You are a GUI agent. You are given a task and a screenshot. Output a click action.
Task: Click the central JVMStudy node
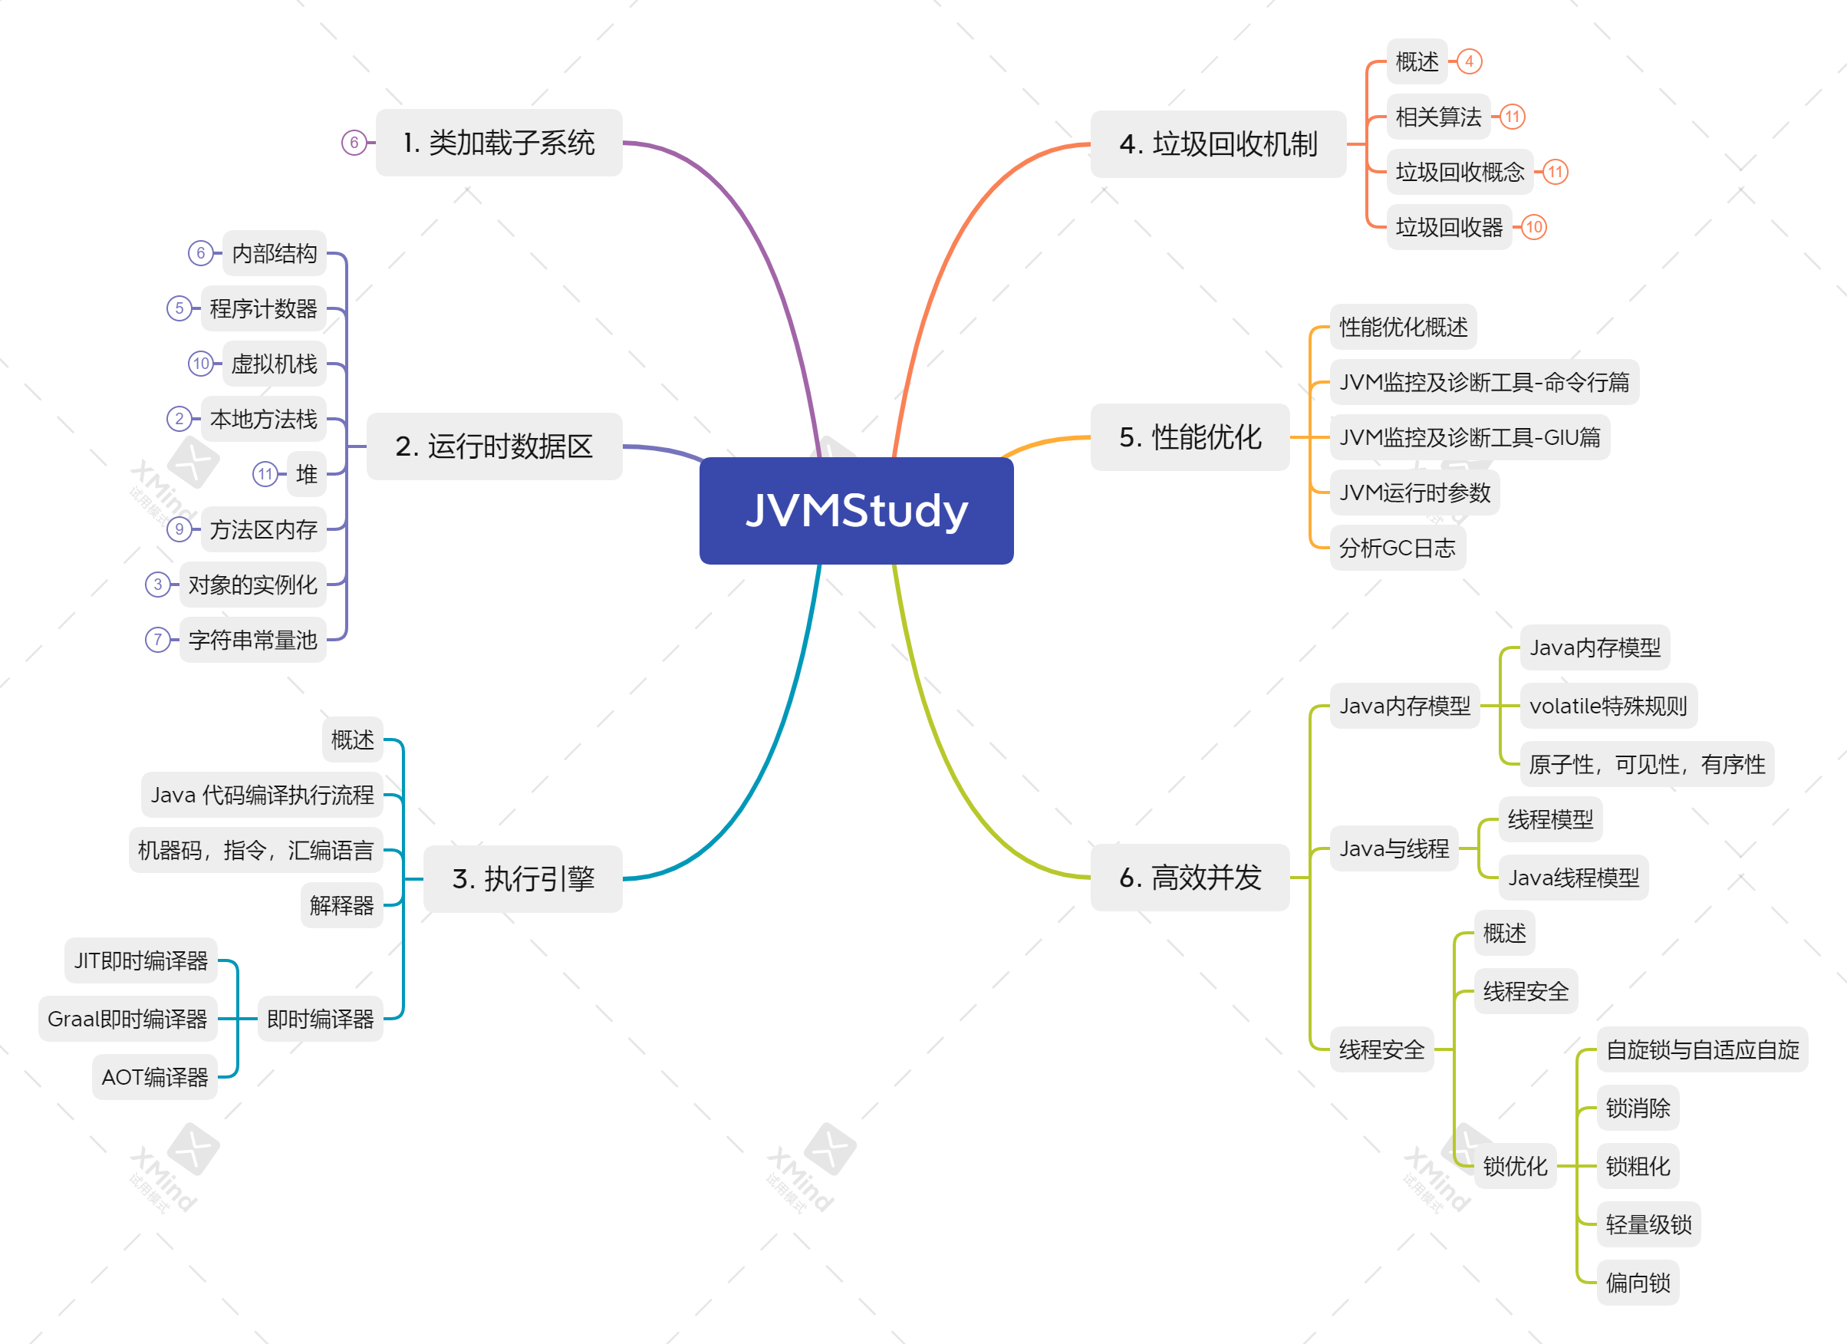[856, 511]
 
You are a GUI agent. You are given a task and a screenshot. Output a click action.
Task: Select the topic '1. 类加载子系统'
[499, 143]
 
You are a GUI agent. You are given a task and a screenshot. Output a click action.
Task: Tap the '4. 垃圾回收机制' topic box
[1217, 144]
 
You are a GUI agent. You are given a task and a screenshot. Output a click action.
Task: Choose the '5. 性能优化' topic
[1189, 437]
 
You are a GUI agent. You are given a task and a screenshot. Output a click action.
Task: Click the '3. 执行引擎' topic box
[523, 879]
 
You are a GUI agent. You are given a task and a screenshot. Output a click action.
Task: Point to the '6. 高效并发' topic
[1189, 878]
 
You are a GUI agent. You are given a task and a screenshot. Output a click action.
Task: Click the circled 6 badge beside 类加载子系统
[354, 143]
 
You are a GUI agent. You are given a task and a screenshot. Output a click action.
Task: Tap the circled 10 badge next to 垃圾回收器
[1533, 227]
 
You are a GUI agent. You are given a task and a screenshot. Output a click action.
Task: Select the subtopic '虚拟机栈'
[274, 364]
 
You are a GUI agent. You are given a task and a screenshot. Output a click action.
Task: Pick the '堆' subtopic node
[306, 474]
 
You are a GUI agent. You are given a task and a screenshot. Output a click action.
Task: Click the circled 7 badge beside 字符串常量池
[157, 640]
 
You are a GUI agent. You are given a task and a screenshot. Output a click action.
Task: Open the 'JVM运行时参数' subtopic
[1414, 492]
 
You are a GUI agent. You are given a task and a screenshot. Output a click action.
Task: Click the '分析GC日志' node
[1397, 548]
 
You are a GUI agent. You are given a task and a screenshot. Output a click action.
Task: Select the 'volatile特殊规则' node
[1608, 706]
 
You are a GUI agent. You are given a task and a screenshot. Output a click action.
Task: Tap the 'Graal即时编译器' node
[128, 1019]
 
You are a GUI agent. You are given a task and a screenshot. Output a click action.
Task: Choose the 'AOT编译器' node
[155, 1078]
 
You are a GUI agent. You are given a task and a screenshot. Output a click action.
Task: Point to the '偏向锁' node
[1638, 1283]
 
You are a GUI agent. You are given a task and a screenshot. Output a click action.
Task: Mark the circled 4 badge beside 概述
[1469, 61]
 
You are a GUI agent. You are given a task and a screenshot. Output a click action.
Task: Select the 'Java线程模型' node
[1573, 878]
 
